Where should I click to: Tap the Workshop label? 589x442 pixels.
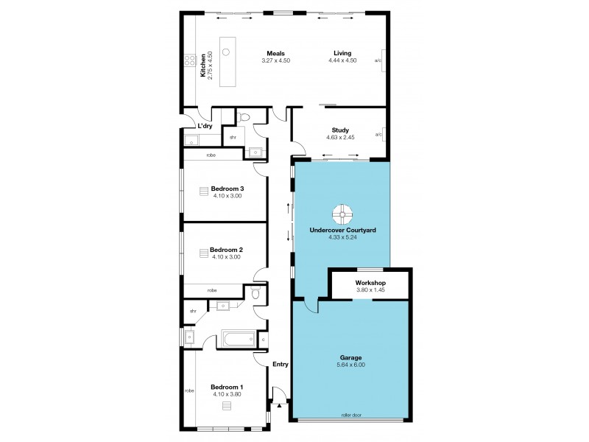(x=370, y=282)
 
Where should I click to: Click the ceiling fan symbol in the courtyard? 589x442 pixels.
(x=342, y=215)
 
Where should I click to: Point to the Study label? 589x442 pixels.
(x=340, y=130)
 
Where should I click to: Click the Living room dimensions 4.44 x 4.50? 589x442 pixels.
(x=342, y=60)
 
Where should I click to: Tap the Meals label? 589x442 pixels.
(x=276, y=53)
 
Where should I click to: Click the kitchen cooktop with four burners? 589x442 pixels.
(x=189, y=61)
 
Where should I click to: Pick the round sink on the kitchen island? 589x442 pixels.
(x=227, y=52)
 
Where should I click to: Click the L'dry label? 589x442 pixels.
(x=204, y=126)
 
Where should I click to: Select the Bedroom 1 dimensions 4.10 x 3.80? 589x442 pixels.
(x=227, y=394)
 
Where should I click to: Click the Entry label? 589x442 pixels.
(x=280, y=364)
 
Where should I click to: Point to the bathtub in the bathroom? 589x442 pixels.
(x=239, y=340)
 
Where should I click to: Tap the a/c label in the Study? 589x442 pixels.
(x=378, y=135)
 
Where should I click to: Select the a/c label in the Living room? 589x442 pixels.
(x=378, y=60)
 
